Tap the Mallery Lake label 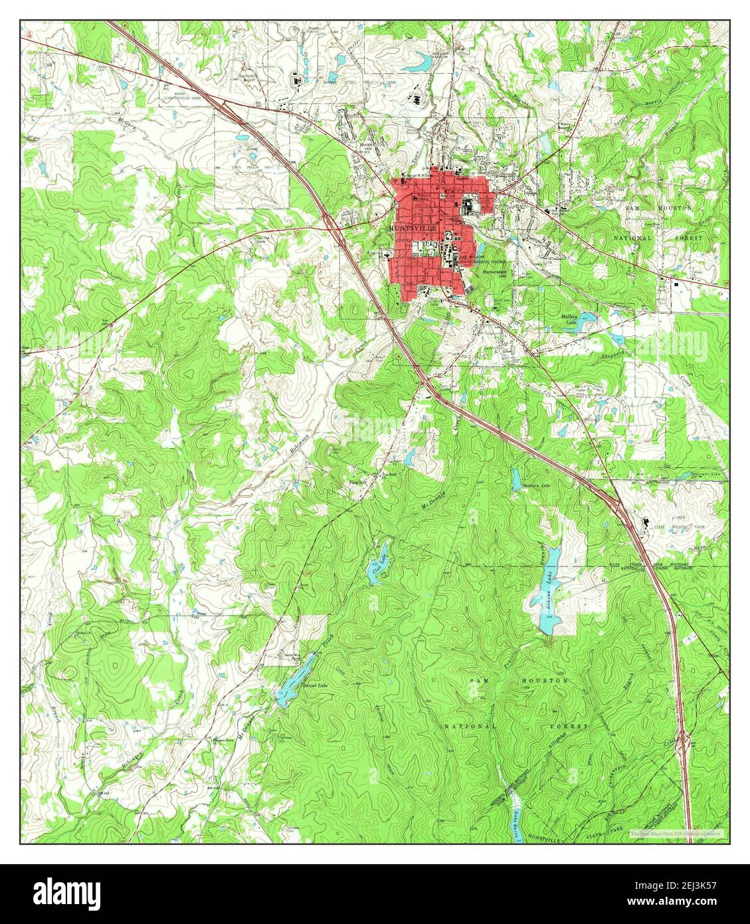[x=570, y=320]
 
